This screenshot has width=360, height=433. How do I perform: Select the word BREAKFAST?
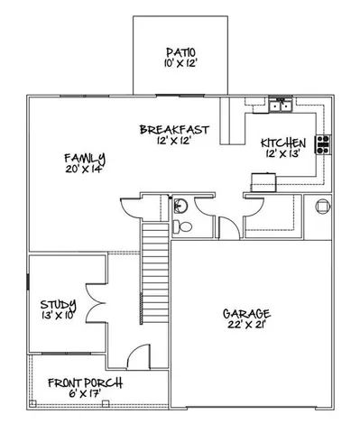click(174, 131)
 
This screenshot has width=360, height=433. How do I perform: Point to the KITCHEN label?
click(283, 143)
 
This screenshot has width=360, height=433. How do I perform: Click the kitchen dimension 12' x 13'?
click(283, 155)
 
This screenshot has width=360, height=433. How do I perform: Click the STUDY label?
click(58, 303)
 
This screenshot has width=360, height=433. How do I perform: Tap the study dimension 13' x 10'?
click(58, 316)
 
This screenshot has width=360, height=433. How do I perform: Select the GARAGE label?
click(246, 313)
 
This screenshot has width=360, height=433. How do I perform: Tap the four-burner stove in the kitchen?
click(322, 144)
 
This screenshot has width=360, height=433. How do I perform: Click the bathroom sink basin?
click(180, 203)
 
